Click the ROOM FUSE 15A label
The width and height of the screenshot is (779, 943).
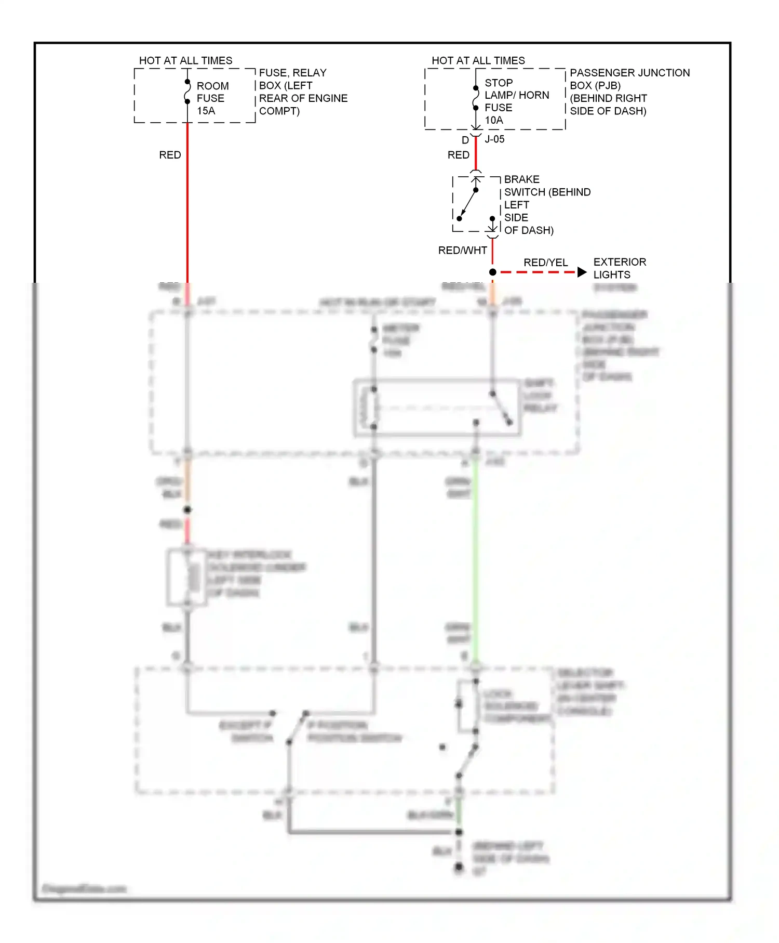click(212, 98)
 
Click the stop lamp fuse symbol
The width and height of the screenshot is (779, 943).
click(476, 98)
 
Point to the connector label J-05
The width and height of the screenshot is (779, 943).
click(494, 139)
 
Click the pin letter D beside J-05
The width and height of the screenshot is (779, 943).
click(465, 140)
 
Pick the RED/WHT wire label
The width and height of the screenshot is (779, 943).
click(462, 251)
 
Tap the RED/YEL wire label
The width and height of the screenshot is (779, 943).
click(545, 263)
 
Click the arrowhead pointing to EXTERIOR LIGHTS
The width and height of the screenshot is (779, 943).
click(582, 272)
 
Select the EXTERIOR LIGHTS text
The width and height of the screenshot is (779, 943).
click(619, 268)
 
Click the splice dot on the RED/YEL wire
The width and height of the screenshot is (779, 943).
click(493, 272)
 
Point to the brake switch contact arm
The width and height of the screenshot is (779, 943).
click(468, 204)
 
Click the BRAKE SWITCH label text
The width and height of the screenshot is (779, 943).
click(546, 205)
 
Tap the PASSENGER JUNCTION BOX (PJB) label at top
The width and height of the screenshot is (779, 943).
click(629, 91)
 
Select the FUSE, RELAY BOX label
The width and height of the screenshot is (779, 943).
click(303, 91)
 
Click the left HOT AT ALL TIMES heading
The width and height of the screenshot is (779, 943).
click(185, 61)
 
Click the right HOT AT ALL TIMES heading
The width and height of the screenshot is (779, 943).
click(478, 61)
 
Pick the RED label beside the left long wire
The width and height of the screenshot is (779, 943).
click(170, 155)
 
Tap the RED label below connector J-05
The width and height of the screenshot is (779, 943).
click(458, 155)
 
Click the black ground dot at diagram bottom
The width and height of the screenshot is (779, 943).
click(459, 867)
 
